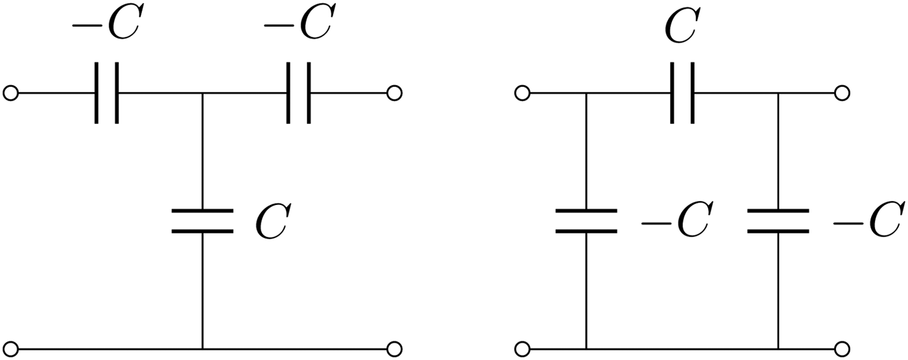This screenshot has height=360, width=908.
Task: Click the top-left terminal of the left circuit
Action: click(10, 93)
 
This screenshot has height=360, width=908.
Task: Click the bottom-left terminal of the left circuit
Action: click(10, 348)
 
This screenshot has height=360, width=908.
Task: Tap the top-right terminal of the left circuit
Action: click(394, 93)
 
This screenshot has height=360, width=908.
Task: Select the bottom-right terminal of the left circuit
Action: click(394, 348)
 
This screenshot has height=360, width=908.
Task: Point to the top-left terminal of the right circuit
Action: click(522, 93)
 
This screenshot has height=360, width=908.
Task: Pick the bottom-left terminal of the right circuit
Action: click(522, 348)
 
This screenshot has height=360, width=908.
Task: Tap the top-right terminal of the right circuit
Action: click(841, 93)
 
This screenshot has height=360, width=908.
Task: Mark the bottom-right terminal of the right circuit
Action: click(841, 348)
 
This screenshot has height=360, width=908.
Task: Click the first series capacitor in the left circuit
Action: click(106, 93)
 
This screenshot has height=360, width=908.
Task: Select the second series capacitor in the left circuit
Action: click(298, 93)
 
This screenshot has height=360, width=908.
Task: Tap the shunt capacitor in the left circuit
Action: click(202, 221)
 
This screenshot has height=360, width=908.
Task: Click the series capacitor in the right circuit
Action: click(682, 93)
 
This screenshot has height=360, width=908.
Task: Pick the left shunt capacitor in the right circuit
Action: click(586, 221)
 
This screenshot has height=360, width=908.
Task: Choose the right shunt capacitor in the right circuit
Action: click(778, 221)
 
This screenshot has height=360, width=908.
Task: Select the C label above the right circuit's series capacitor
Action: click(682, 25)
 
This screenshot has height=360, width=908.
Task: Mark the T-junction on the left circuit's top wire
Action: click(202, 93)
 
